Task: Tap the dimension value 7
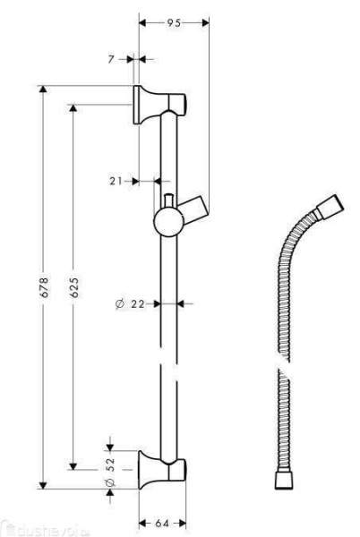pos(113,59)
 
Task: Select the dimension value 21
pos(116,181)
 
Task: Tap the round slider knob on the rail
pos(167,219)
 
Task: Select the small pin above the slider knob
pos(167,196)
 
